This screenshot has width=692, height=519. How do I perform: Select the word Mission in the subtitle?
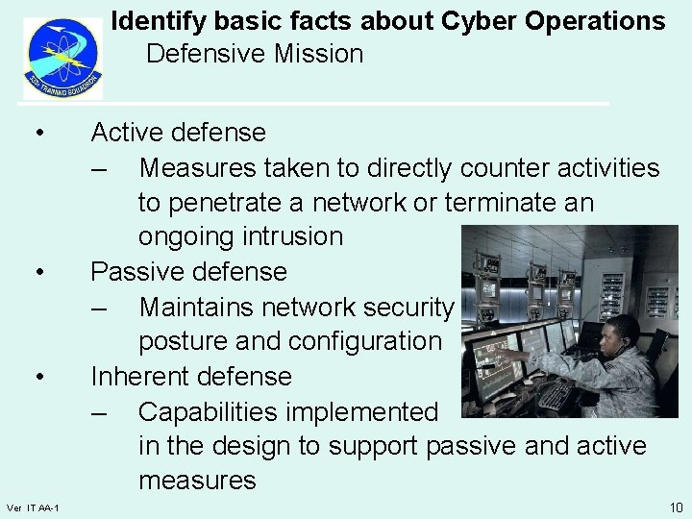click(x=316, y=54)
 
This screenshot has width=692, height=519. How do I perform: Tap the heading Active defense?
click(x=178, y=133)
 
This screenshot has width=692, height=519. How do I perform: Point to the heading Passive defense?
click(x=188, y=272)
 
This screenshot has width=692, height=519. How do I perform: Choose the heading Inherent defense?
click(x=190, y=377)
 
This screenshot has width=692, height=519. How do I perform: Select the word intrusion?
click(x=292, y=236)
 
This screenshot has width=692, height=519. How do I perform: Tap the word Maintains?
click(x=200, y=308)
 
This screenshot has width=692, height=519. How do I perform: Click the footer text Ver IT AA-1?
click(x=33, y=507)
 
